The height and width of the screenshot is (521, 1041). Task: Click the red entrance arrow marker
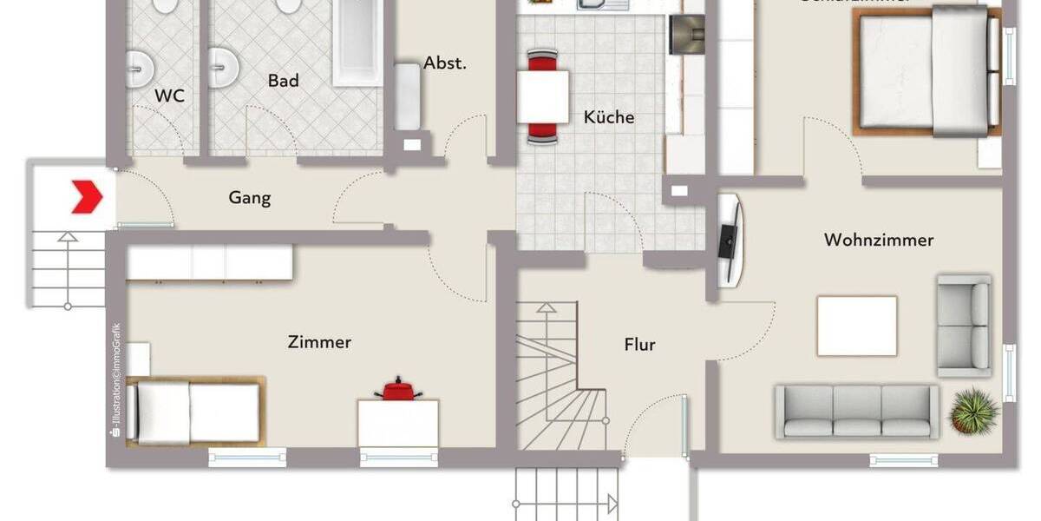point(87,196)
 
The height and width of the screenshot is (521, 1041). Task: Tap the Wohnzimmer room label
point(878,240)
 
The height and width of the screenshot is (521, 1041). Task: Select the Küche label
point(608,117)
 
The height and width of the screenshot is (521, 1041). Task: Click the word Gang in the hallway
point(249,198)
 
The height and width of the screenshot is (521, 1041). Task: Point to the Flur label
point(639,345)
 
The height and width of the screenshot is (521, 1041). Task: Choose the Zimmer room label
point(319,342)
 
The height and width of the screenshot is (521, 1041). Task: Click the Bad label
point(283,81)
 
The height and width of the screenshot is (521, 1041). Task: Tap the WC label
point(169,96)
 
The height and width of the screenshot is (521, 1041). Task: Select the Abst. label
point(445,63)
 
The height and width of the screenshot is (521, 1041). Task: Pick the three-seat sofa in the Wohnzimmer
point(856,411)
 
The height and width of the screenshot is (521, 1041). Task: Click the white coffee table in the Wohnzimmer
point(856,326)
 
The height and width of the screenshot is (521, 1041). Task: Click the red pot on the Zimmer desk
point(398,390)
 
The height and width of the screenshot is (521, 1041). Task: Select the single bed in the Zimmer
point(196,412)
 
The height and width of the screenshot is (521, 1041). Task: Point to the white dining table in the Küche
point(543,96)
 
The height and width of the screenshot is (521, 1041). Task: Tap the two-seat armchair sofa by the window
point(964,325)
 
